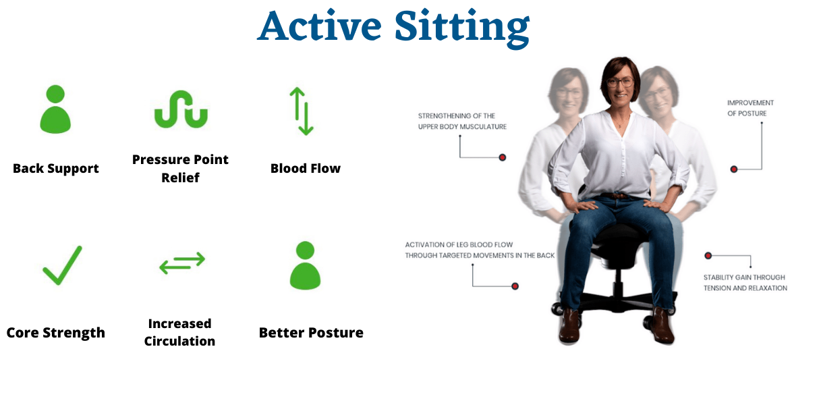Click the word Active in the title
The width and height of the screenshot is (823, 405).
tap(319, 26)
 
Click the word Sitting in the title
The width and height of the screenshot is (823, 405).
tap(462, 28)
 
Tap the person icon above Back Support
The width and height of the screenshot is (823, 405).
tap(55, 109)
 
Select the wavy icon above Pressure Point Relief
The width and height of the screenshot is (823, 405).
tap(181, 109)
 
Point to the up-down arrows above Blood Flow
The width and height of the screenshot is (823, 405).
tap(302, 111)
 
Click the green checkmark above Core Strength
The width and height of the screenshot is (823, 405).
tap(63, 265)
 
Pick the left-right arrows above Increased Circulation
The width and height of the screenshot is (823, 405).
tap(182, 263)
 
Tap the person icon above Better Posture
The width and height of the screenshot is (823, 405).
tap(305, 265)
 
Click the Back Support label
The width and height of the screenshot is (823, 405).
tap(56, 168)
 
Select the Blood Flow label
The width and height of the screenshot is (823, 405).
tap(306, 168)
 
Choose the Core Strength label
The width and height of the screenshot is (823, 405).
tap(56, 333)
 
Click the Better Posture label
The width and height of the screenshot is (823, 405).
tap(311, 333)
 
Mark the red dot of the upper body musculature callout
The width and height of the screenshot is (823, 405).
tap(503, 158)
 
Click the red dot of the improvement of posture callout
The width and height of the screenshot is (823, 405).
tap(734, 169)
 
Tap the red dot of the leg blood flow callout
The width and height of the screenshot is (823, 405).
tap(515, 286)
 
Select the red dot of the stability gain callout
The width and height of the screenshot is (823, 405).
tap(708, 256)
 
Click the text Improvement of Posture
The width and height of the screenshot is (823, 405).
tap(750, 108)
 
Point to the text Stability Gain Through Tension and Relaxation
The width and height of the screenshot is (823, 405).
tap(745, 283)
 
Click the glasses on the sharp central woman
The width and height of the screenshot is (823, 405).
tap(620, 82)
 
